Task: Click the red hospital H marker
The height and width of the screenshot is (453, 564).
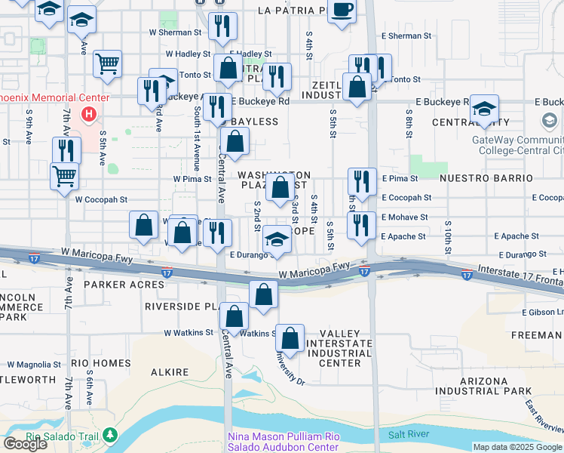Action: coord(89,115)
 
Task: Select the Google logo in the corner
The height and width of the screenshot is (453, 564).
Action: coord(25,443)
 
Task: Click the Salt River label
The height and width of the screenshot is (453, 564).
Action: coord(408,435)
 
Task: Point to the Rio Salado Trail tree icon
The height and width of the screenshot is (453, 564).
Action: coord(111,435)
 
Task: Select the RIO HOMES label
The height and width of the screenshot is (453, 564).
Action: coord(100,363)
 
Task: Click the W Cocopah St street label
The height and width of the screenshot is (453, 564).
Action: coord(101,200)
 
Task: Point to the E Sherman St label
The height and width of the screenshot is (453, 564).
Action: coord(406,35)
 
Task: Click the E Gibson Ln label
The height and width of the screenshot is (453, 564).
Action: coord(542,312)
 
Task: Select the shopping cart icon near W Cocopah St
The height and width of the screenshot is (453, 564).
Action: coord(65,176)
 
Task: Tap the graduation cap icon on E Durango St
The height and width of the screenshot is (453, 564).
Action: coord(277,240)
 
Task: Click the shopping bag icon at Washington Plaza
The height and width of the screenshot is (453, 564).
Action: coord(280,188)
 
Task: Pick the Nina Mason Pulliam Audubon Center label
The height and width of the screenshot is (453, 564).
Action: coord(284,442)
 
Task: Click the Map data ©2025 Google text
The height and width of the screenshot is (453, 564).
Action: coord(517,447)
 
